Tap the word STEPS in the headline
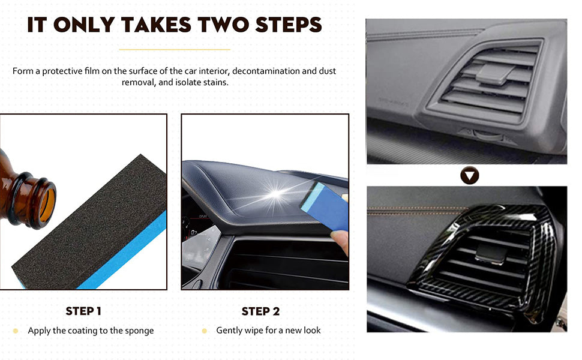coord(289,25)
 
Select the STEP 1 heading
coord(83,311)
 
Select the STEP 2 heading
coord(260,311)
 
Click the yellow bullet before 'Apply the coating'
coord(16,331)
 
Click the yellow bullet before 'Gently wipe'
coord(204,331)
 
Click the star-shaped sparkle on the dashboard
coord(276,194)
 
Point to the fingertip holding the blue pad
coord(340,240)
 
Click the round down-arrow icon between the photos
coord(470,176)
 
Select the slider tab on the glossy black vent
coord(491,253)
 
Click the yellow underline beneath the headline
coord(175,49)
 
